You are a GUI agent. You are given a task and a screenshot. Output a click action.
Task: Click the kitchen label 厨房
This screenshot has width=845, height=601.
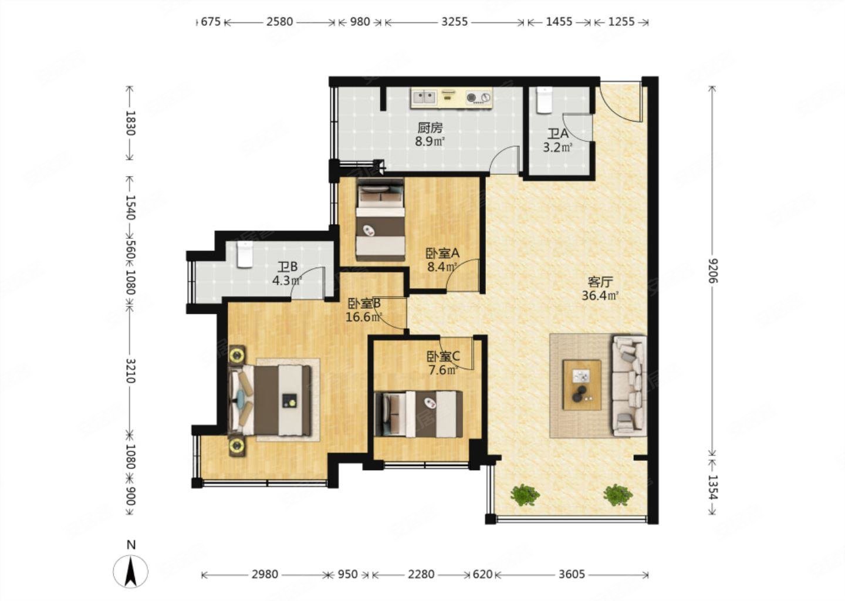(430, 129)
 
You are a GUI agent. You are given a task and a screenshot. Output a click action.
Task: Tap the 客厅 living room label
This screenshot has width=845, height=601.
(600, 282)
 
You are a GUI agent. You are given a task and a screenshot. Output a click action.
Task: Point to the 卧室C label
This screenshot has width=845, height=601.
(443, 356)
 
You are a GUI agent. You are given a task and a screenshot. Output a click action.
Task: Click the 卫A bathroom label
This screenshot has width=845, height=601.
(558, 134)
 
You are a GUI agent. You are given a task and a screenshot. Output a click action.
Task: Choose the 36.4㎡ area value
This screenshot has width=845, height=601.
(600, 296)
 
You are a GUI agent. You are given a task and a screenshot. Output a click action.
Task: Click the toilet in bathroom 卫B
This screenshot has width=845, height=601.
(245, 255)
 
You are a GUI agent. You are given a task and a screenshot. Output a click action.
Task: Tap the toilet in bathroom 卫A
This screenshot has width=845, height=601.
(545, 100)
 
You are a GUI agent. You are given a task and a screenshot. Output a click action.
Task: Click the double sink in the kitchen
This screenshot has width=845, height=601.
(424, 97)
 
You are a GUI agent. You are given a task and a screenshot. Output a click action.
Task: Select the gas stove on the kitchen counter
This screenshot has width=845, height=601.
(479, 97)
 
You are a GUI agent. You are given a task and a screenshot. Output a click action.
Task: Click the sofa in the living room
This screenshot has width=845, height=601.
(629, 386)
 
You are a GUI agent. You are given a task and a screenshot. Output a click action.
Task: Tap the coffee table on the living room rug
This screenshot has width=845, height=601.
(582, 385)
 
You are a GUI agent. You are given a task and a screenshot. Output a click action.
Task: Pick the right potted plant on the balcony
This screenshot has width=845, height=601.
(617, 495)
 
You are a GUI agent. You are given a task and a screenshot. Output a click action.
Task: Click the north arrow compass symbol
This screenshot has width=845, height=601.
(130, 571)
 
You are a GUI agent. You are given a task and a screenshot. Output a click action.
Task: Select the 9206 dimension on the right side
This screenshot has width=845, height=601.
(712, 270)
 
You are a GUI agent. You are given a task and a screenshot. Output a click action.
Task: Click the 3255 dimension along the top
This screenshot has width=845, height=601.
(455, 22)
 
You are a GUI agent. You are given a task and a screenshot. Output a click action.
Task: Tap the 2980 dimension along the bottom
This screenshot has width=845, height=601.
(265, 574)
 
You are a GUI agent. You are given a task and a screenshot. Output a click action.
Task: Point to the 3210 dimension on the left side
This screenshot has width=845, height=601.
(130, 370)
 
